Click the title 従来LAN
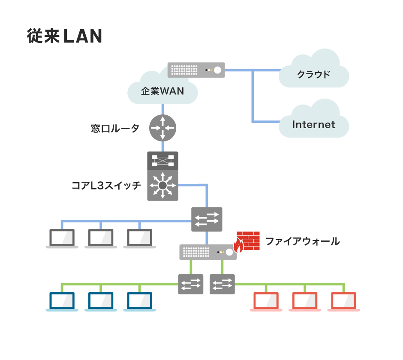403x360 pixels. pyautogui.click(x=64, y=36)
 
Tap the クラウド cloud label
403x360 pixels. pyautogui.click(x=314, y=74)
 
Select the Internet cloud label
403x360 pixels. pyautogui.click(x=313, y=125)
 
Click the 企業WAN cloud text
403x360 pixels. pyautogui.click(x=162, y=91)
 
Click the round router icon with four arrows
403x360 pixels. pyautogui.click(x=162, y=128)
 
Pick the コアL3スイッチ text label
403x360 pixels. pyautogui.click(x=106, y=186)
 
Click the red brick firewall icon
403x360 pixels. pyautogui.click(x=249, y=241)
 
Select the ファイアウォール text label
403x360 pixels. pyautogui.click(x=303, y=241)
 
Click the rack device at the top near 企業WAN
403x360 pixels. pyautogui.click(x=196, y=70)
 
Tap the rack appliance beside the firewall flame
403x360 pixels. pyautogui.click(x=207, y=252)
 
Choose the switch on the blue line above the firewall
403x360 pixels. pyautogui.click(x=207, y=219)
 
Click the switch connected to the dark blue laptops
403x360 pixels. pyautogui.click(x=191, y=284)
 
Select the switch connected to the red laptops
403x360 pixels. pyautogui.click(x=222, y=284)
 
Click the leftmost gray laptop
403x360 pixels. pyautogui.click(x=62, y=238)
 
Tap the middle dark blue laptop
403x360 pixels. pyautogui.click(x=101, y=302)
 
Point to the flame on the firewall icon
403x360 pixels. pyautogui.click(x=238, y=246)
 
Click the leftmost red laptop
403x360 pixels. pyautogui.click(x=266, y=302)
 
